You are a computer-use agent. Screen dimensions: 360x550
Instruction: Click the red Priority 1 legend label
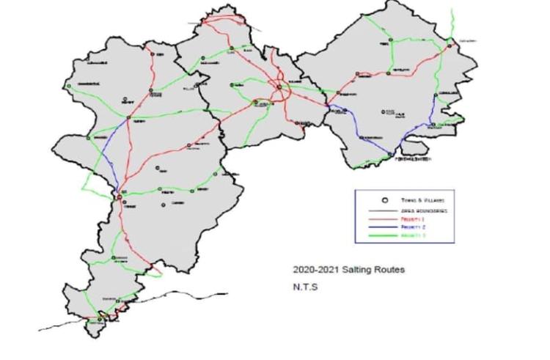(408, 220)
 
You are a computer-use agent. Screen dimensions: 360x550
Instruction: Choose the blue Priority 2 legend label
(408, 228)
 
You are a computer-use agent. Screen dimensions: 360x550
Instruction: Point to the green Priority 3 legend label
(408, 237)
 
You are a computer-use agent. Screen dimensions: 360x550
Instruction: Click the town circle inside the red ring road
(279, 89)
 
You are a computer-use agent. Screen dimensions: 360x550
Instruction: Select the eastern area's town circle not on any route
(383, 111)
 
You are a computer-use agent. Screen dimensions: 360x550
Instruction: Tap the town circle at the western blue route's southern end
(119, 195)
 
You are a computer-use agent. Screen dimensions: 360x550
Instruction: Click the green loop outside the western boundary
(87, 183)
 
